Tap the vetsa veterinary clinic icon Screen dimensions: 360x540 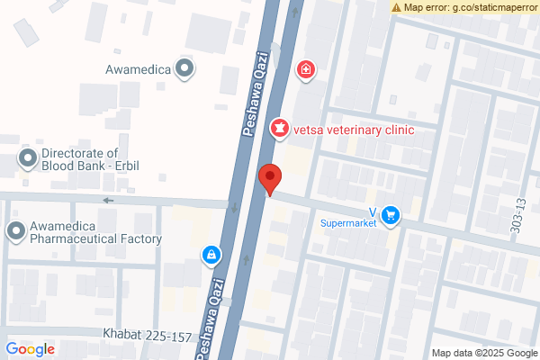coord(281,130)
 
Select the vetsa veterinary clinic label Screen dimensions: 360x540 coord(354,130)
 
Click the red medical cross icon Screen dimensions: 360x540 coord(306,68)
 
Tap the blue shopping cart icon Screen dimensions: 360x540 coord(390,214)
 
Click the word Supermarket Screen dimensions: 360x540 coord(349,222)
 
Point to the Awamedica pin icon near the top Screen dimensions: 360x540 coord(184,67)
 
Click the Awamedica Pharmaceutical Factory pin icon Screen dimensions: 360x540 coord(15,232)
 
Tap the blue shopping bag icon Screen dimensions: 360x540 coord(211,256)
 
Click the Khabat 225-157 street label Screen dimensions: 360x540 coord(147,337)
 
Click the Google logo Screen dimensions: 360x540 coord(31,349)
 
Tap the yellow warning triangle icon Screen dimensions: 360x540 coord(397,7)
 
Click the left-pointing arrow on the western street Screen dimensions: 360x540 coord(109,200)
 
